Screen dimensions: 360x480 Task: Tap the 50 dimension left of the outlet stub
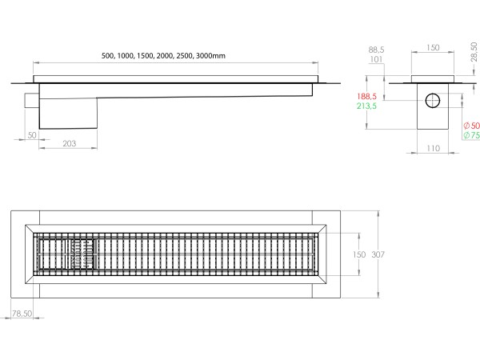pyautogui.click(x=32, y=135)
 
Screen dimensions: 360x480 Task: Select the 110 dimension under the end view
pyautogui.click(x=433, y=150)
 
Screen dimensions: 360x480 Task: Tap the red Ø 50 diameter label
pyautogui.click(x=471, y=126)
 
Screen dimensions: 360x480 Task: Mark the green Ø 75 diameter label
pyautogui.click(x=471, y=136)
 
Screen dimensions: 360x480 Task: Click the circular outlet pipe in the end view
pyautogui.click(x=433, y=102)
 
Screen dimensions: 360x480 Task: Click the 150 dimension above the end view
pyautogui.click(x=433, y=48)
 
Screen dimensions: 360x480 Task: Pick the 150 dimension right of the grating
pyautogui.click(x=359, y=254)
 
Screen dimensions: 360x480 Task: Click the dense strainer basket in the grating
pyautogui.click(x=82, y=254)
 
